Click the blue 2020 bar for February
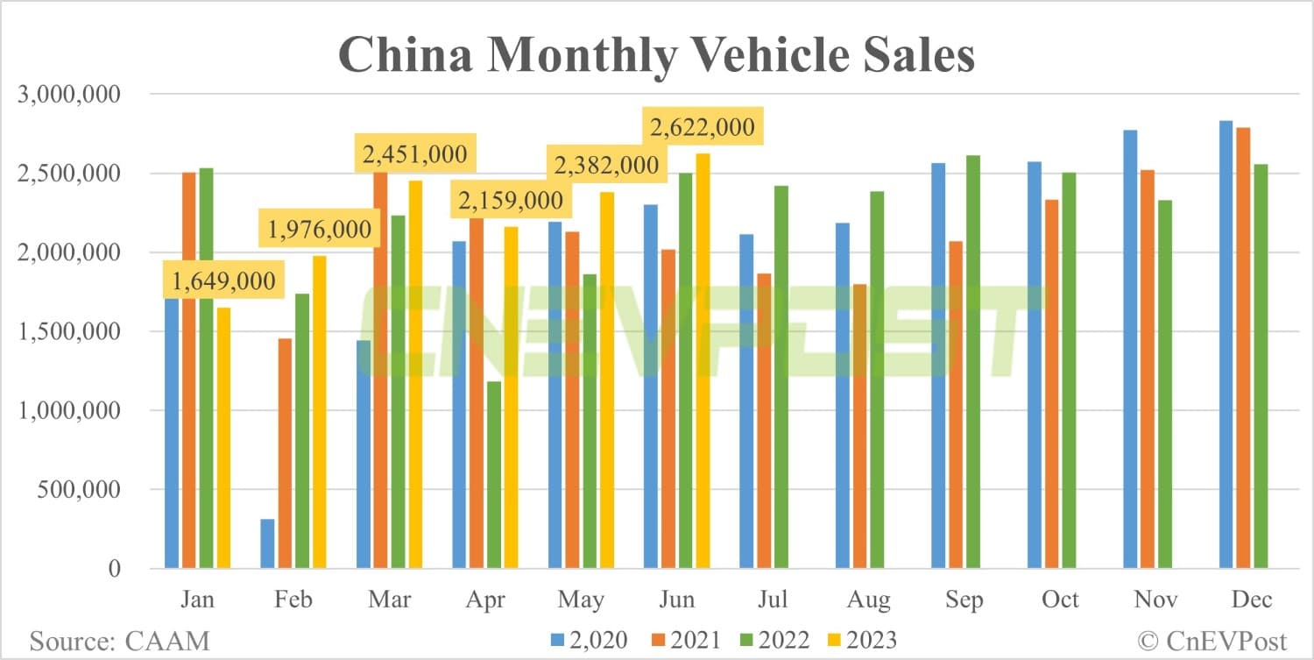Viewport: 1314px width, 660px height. click(x=267, y=543)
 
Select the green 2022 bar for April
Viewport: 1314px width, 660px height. click(x=494, y=474)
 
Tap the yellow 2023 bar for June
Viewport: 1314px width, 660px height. click(x=703, y=360)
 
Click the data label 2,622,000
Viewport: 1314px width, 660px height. click(x=701, y=128)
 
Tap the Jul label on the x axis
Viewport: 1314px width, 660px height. click(x=772, y=600)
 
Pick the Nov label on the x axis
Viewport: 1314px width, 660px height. click(x=1156, y=600)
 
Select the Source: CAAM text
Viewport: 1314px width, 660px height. click(x=120, y=640)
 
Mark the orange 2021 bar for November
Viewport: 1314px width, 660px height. click(x=1147, y=369)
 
